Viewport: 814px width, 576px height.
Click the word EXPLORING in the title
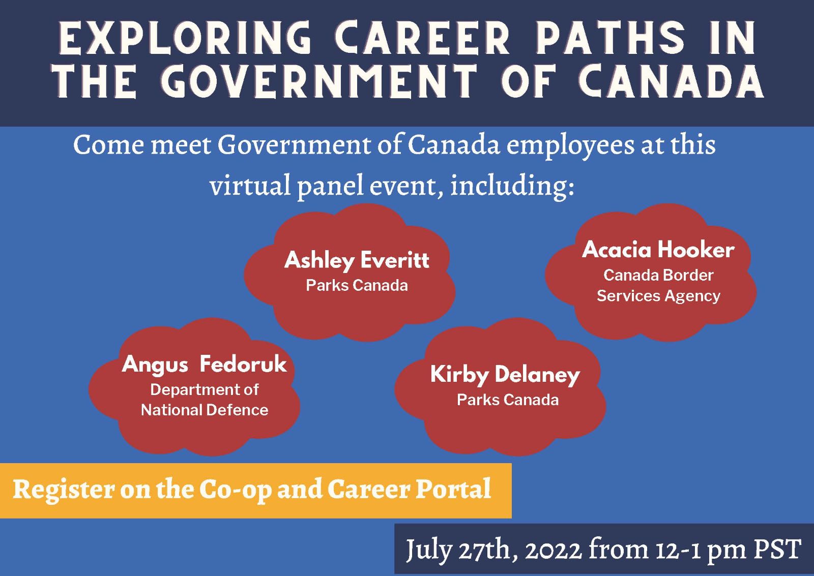click(185, 38)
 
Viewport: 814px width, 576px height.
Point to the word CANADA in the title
click(671, 81)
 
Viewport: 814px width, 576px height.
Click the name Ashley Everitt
click(357, 260)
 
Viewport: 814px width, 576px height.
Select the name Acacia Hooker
click(658, 250)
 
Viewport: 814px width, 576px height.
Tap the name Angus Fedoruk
click(204, 365)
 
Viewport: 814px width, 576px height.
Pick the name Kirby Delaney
click(505, 375)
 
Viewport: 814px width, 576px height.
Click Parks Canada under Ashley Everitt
click(357, 285)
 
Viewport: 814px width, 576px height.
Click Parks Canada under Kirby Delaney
click(508, 400)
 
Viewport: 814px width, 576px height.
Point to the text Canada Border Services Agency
click(658, 286)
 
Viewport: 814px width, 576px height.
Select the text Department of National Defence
click(205, 400)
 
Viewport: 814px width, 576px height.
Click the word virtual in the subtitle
click(250, 185)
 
